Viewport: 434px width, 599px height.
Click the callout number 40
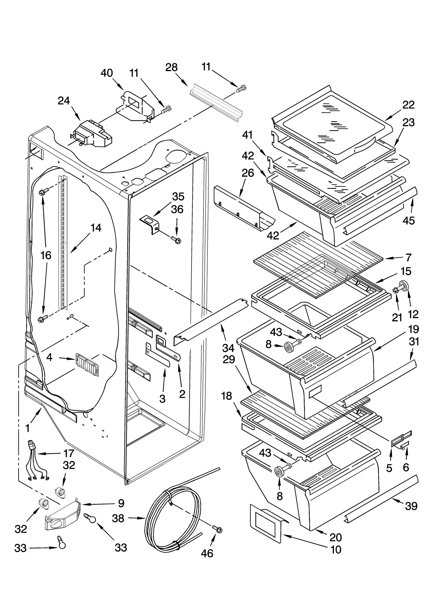click(x=107, y=73)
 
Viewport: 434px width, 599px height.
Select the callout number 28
click(x=171, y=67)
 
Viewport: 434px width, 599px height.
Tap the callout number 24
click(x=64, y=101)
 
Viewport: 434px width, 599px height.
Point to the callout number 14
click(x=96, y=228)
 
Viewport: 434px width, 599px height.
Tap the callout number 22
click(x=409, y=105)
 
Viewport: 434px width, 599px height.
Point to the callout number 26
click(x=248, y=173)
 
